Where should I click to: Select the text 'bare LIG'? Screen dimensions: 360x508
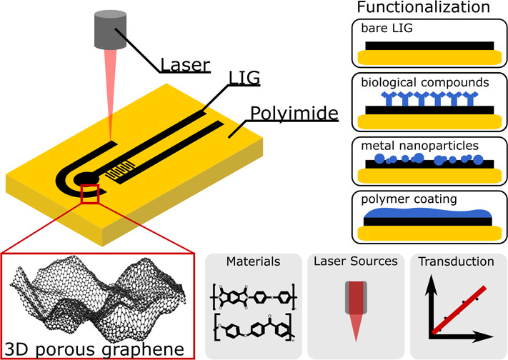[x=387, y=29]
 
